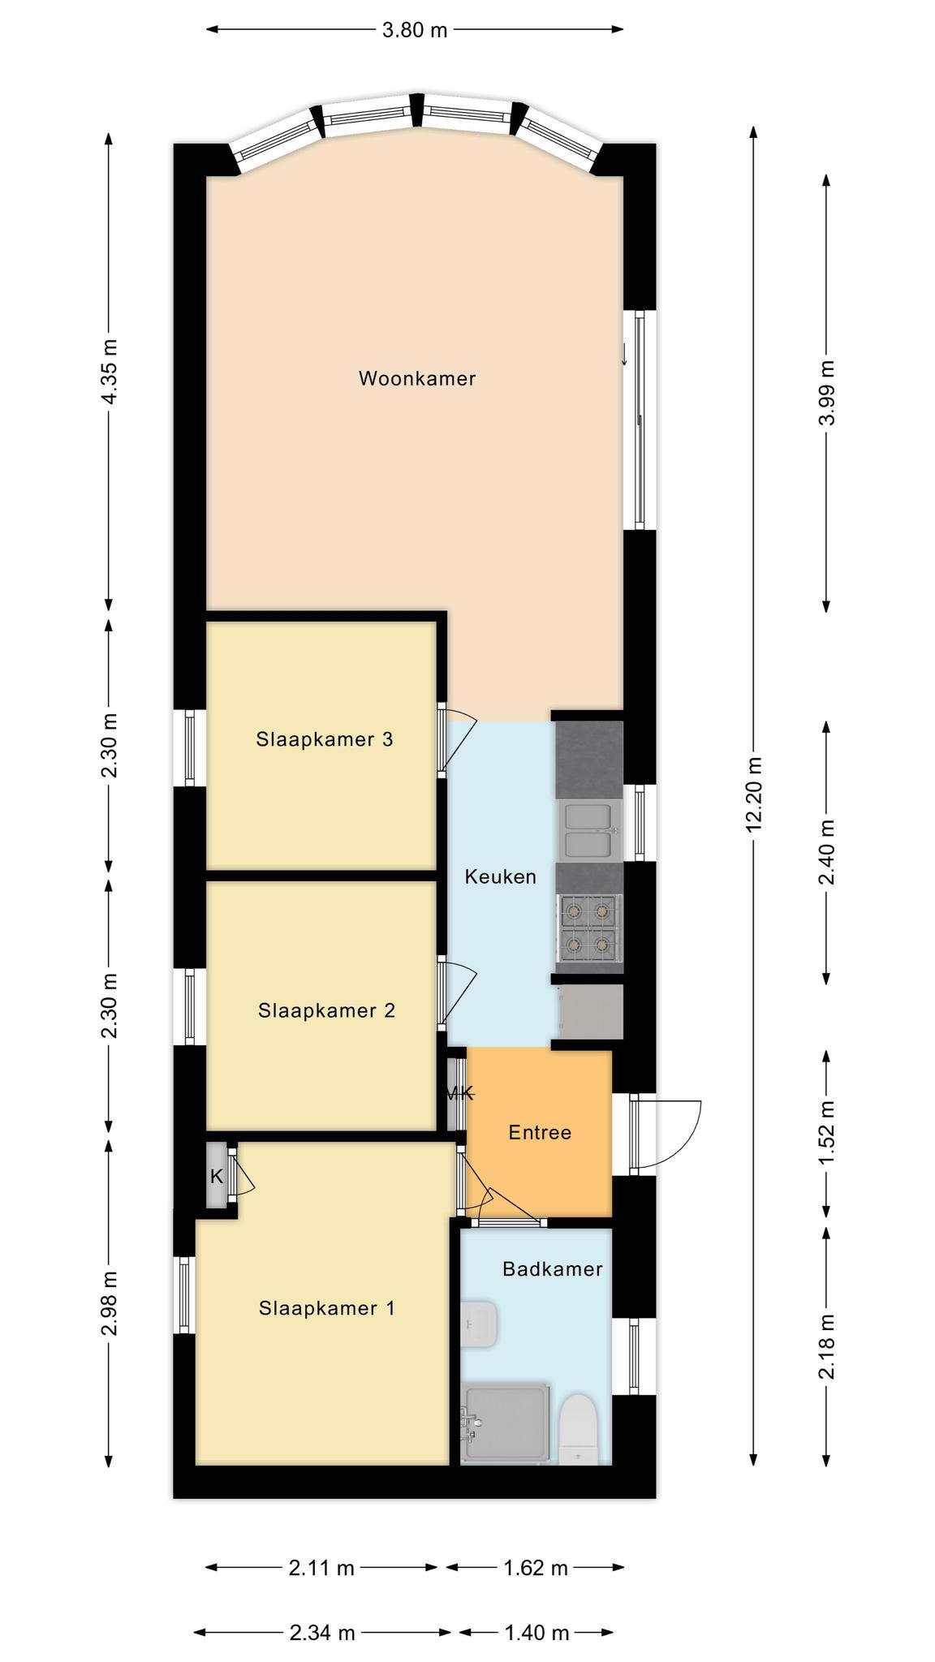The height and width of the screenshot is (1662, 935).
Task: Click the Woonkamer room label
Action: pyautogui.click(x=417, y=378)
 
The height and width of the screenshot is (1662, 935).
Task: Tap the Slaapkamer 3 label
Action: pyautogui.click(x=325, y=739)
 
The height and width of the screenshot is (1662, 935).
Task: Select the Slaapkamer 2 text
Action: pyautogui.click(x=327, y=1010)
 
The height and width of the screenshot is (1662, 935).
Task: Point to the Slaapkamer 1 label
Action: pyautogui.click(x=327, y=1308)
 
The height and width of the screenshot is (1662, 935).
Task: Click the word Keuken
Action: pyautogui.click(x=501, y=876)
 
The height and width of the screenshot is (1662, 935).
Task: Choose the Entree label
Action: pyautogui.click(x=540, y=1132)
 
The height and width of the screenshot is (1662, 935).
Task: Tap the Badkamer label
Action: pyautogui.click(x=553, y=1268)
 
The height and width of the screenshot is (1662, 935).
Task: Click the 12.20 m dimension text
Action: pyautogui.click(x=754, y=795)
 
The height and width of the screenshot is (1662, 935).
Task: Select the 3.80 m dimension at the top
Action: pyautogui.click(x=415, y=30)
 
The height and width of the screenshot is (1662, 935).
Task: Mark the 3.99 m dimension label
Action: pyautogui.click(x=827, y=394)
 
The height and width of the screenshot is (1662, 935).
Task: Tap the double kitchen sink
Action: pyautogui.click(x=589, y=831)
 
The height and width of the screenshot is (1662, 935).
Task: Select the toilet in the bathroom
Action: pyautogui.click(x=580, y=1431)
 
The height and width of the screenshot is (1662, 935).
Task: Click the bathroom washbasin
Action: pyautogui.click(x=479, y=1324)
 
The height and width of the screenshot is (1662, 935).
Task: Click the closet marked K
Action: pyautogui.click(x=216, y=1176)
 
